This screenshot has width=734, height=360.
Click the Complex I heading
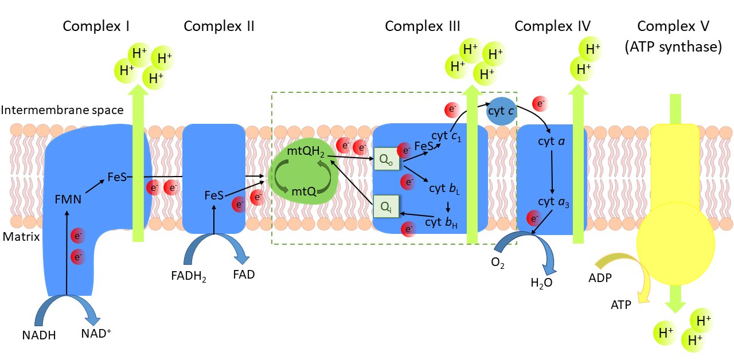coord(96,26)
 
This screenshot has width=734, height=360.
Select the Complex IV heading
coord(552,26)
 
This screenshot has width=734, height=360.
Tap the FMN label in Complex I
coord(69,199)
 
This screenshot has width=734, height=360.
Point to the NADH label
coord(39,335)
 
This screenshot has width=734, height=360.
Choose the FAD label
coord(244,274)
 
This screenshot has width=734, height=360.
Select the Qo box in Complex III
coord(383,160)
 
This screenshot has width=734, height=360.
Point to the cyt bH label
coord(441,221)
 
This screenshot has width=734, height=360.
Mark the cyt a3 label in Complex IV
coord(553,202)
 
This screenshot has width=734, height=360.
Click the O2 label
coord(498,264)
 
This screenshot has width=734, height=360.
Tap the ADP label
coord(600,278)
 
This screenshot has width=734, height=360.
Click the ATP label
coord(620,305)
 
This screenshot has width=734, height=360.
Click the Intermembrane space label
coord(62,109)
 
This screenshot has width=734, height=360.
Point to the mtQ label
coord(304,191)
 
